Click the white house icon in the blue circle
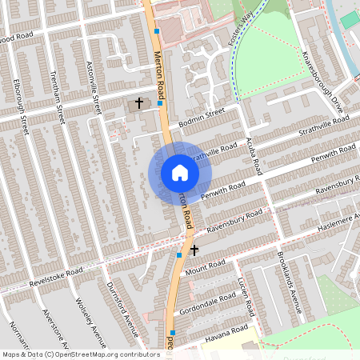[180, 173]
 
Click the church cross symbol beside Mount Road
[194, 251]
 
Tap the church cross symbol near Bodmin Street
[139, 103]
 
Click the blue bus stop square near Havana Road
[172, 332]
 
